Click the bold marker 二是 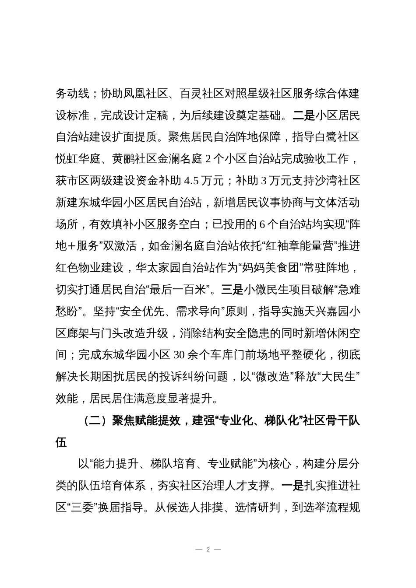point(304,115)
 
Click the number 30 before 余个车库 point(180,354)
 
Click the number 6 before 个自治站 point(262,224)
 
